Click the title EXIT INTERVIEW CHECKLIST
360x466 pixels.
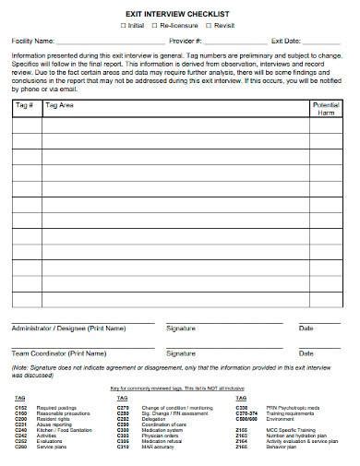click(180, 14)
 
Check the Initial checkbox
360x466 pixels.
click(123, 26)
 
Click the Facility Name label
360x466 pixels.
click(32, 42)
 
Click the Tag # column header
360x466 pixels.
click(25, 106)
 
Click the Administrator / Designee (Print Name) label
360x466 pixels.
click(67, 328)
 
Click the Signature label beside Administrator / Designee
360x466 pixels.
click(181, 328)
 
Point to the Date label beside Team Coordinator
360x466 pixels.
click(306, 353)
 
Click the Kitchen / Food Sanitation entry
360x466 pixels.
click(57, 430)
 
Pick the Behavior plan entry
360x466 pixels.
click(278, 448)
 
